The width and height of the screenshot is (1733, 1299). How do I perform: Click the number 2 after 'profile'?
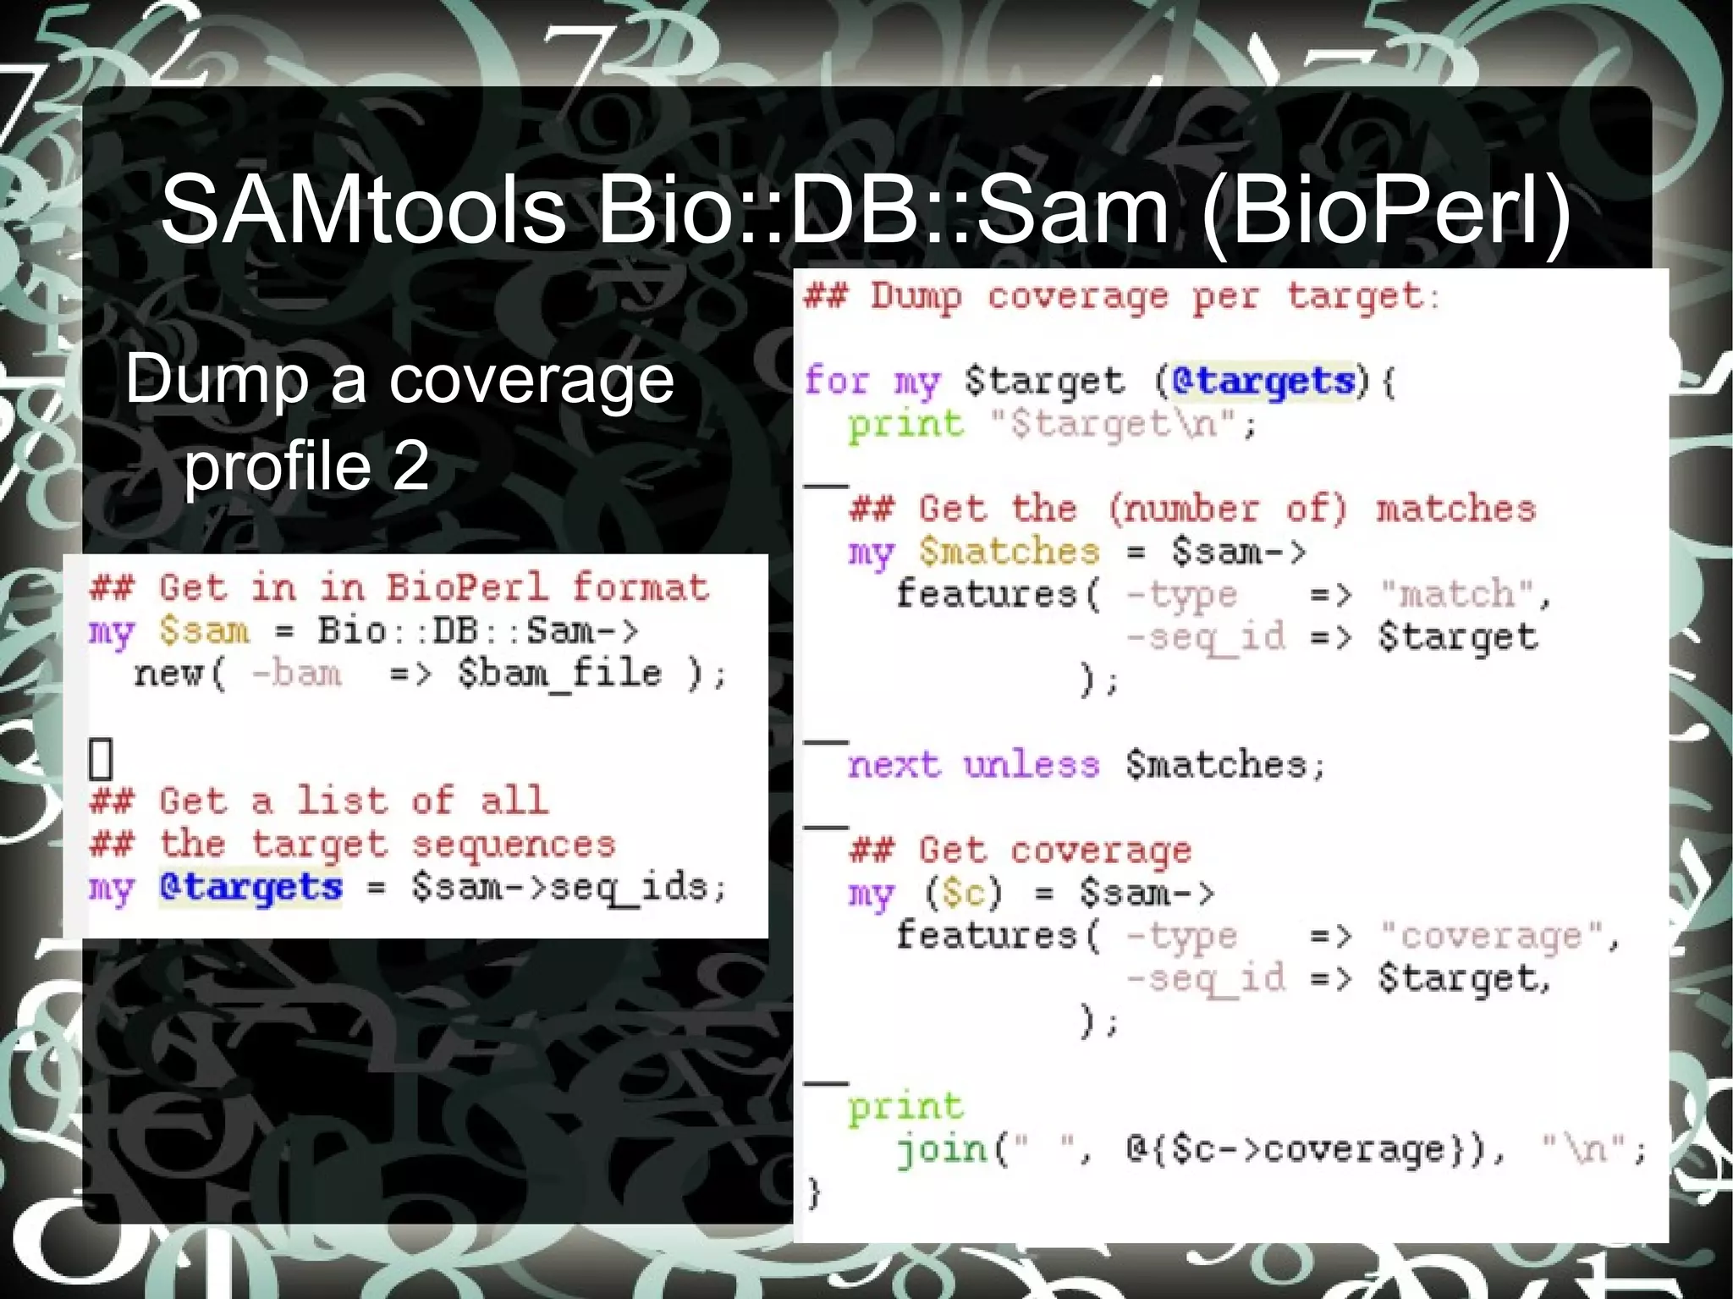(410, 466)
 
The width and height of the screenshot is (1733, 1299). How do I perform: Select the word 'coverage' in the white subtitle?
(531, 379)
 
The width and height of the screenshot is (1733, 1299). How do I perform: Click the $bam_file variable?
(559, 674)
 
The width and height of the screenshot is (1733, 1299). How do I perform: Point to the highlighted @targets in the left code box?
(251, 888)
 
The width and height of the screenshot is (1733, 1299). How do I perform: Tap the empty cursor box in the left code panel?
(101, 758)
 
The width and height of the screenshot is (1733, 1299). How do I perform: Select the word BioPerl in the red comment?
(467, 587)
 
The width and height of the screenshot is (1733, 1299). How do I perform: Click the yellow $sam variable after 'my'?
(204, 631)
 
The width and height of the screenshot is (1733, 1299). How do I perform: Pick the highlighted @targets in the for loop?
(1264, 382)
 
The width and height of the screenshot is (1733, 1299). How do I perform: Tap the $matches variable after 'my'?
(1010, 552)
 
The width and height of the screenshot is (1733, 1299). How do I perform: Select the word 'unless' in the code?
(1032, 765)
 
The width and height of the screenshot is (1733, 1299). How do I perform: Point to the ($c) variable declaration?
(964, 893)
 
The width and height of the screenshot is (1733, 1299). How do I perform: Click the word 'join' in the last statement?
(942, 1149)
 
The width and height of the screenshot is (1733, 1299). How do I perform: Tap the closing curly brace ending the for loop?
(813, 1192)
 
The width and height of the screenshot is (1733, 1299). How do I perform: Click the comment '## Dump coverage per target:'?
(1121, 296)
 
